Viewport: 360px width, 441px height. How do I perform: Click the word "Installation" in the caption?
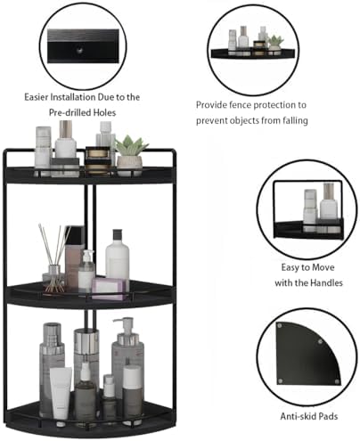86,95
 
